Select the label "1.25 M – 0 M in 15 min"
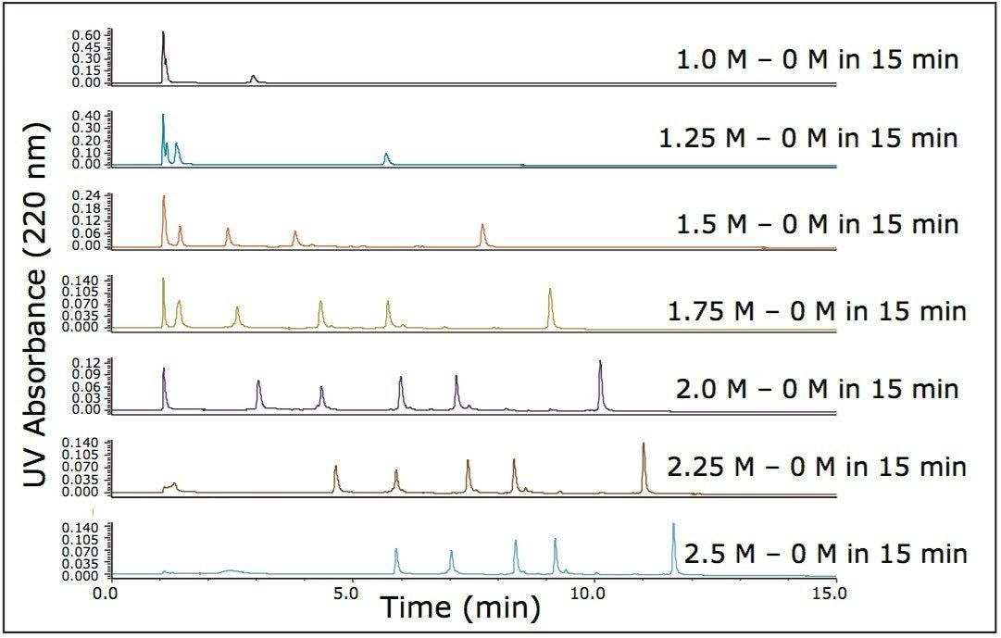[x=808, y=139]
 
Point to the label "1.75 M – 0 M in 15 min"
[x=817, y=311]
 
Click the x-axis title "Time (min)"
[x=459, y=609]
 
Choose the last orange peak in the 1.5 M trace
[x=482, y=227]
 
